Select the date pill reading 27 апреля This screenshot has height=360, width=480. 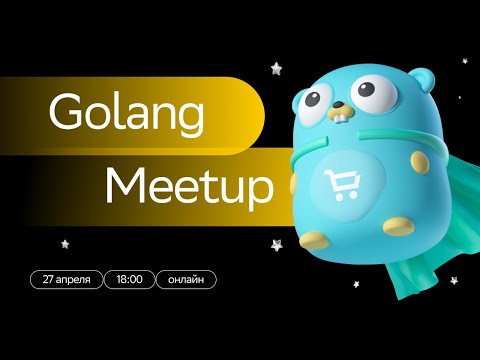point(66,279)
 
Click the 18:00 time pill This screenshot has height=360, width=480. point(129,279)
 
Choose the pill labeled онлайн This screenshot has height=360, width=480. point(187,279)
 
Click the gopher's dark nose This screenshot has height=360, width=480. point(340,104)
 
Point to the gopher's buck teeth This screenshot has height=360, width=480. point(341,121)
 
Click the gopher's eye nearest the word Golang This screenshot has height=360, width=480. point(312,99)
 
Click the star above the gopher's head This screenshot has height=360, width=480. point(276,67)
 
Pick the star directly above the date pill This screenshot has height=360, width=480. point(65,243)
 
